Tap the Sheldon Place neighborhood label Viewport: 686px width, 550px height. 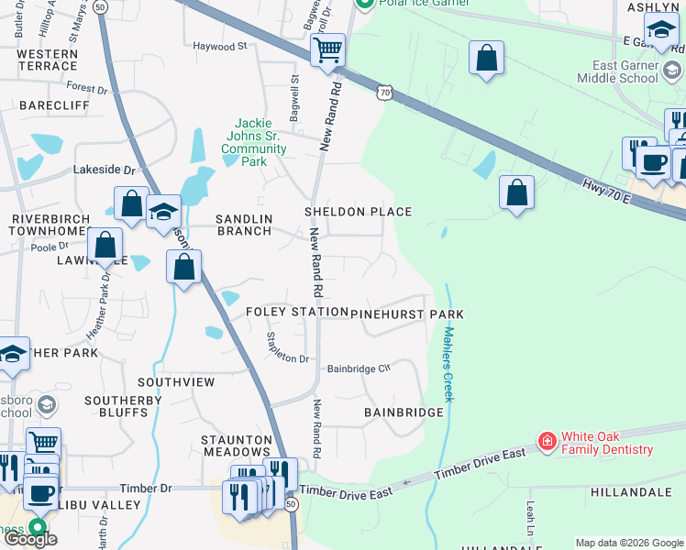358,212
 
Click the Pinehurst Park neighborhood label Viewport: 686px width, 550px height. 406,313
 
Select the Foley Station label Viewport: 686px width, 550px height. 296,313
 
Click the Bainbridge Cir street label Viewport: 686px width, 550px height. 360,368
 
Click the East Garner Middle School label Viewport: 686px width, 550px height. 625,71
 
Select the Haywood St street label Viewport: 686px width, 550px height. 220,45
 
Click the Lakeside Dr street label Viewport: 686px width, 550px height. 104,170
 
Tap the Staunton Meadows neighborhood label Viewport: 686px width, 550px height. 236,445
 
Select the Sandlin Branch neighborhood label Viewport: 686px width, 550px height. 243,225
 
